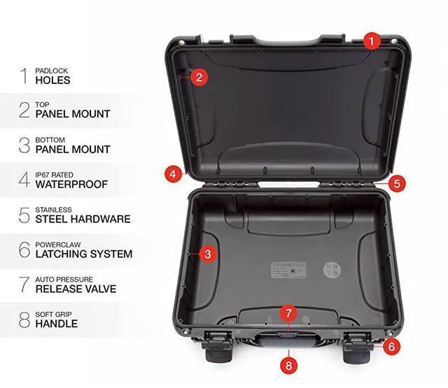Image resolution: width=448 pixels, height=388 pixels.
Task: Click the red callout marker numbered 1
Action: [x=373, y=41]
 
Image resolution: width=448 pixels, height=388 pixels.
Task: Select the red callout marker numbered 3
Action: [x=206, y=254]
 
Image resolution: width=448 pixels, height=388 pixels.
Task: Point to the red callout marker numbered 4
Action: [x=171, y=173]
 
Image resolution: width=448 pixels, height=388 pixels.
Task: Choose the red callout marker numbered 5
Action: [x=397, y=184]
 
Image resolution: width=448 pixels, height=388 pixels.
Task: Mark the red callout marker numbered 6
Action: [x=391, y=345]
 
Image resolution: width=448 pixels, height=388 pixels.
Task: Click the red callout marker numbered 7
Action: [x=288, y=312]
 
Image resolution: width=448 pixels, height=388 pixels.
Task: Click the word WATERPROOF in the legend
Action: [x=71, y=185]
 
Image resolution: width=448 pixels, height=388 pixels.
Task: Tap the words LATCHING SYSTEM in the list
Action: [x=83, y=254]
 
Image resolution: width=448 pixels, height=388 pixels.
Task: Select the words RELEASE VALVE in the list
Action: [x=76, y=289]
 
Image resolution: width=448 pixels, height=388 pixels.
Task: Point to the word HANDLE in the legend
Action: [x=56, y=324]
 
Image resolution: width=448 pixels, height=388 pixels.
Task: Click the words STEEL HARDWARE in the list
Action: [x=83, y=219]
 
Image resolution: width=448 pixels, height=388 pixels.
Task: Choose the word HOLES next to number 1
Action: [x=52, y=80]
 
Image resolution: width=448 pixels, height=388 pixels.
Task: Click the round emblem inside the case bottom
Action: [x=331, y=271]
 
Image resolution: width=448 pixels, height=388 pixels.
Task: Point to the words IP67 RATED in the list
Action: [x=54, y=175]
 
